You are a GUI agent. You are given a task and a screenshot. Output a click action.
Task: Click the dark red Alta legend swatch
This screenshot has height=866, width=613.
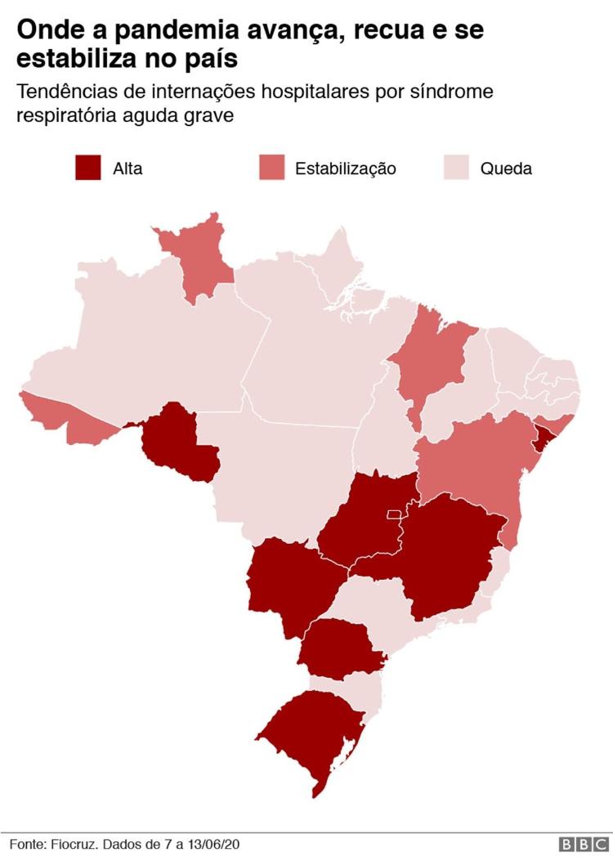pyautogui.click(x=87, y=168)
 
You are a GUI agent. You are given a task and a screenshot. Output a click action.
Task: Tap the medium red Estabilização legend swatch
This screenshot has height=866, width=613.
pyautogui.click(x=272, y=168)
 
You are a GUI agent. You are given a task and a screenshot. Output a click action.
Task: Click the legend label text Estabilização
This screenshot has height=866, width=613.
pyautogui.click(x=345, y=169)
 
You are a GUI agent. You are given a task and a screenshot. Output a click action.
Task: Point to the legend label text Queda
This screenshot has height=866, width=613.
pyautogui.click(x=506, y=169)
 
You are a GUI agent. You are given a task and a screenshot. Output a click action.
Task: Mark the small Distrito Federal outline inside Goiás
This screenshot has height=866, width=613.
pyautogui.click(x=393, y=514)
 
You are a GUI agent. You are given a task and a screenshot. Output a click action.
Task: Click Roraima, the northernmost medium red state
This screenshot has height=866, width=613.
pyautogui.click(x=200, y=258)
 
